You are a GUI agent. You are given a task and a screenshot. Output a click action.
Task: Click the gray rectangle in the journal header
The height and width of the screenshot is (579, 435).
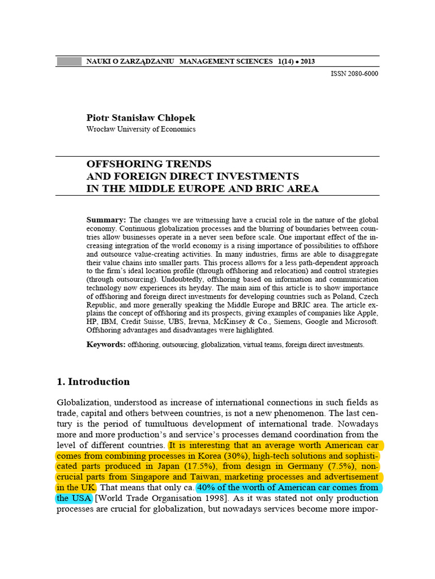tap(69, 61)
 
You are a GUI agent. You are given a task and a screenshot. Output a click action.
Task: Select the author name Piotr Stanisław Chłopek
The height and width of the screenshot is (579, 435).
tap(140, 118)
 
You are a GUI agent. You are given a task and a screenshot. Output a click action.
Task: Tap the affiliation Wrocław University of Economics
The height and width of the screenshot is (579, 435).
tap(140, 129)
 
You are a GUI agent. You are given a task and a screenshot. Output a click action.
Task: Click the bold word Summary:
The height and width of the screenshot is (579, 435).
tap(106, 219)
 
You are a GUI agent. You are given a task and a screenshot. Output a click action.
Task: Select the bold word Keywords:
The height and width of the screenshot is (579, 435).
tap(106, 344)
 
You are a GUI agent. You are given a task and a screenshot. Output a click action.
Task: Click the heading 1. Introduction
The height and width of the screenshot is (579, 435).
tap(93, 382)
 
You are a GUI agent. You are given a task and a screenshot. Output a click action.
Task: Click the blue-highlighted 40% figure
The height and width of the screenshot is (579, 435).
tap(207, 487)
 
